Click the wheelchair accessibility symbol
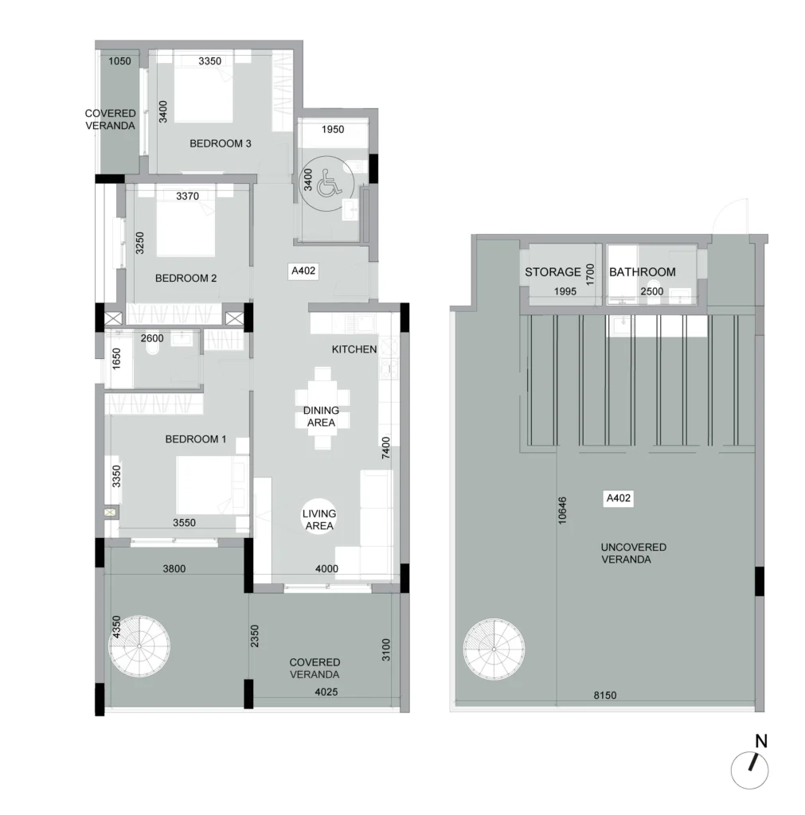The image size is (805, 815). coord(327,183)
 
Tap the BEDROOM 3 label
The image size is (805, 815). coord(220,143)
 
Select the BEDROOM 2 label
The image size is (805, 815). coord(186,278)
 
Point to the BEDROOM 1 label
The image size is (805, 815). coord(196,439)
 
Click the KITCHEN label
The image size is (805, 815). coord(354,349)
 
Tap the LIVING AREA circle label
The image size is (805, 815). coord(319,519)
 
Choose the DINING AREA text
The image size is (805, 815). coord(321,416)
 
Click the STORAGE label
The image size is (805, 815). coord(553,272)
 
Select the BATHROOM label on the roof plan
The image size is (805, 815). coord(643,272)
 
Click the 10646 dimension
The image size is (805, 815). coord(562,510)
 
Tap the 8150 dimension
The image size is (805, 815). coord(605,695)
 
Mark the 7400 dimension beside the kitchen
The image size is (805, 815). coord(386,448)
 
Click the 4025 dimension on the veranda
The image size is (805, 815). coord(326,692)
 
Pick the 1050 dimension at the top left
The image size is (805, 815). coord(119,61)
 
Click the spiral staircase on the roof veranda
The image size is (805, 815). coord(494,649)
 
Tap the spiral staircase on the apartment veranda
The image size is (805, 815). coord(139,646)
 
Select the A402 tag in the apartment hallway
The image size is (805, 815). coord(303,271)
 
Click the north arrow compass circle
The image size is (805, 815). coord(749,770)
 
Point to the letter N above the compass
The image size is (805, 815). coord(761,741)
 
